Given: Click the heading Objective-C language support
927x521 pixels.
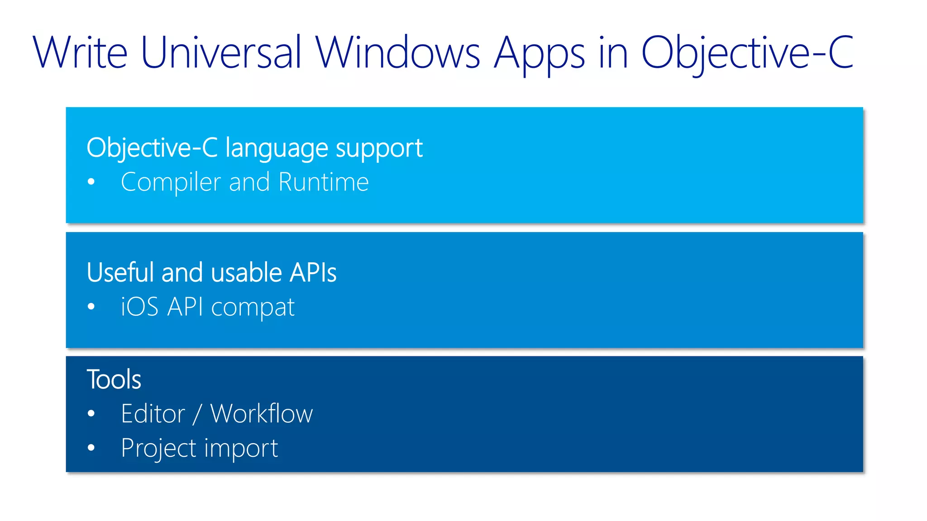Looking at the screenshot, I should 254,148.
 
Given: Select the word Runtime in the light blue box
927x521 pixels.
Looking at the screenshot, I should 324,182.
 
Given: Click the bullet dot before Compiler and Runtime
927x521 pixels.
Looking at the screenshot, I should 91,182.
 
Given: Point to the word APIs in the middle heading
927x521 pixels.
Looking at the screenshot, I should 313,272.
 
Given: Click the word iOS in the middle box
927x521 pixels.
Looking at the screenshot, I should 139,307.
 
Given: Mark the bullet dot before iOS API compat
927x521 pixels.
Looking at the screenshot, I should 91,307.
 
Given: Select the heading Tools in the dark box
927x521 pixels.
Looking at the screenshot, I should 114,379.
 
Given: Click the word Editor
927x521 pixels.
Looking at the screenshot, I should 153,413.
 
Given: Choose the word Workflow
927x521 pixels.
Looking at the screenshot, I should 262,413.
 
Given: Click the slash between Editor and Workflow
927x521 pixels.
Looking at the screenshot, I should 196,414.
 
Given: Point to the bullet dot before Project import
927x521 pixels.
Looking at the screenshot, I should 91,448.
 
